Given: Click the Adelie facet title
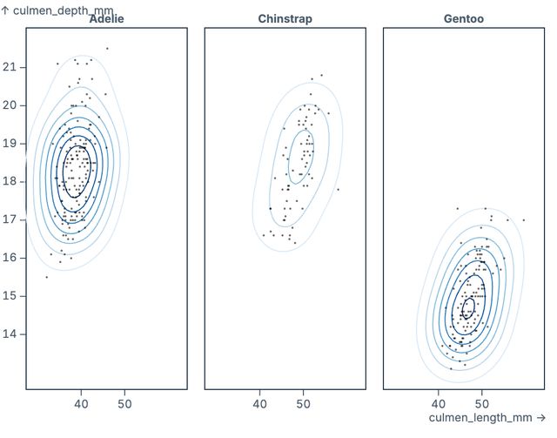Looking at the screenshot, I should point(106,19).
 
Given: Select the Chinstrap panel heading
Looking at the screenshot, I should point(285,19).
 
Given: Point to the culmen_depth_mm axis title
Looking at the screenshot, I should point(57,10).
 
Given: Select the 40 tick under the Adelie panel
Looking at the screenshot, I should point(81,404).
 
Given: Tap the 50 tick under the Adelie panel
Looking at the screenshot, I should point(124,404).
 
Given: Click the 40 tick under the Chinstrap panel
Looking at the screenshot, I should point(259,404).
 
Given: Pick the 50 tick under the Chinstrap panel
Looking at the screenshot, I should point(304,404).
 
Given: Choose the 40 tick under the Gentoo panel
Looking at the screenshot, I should point(438,404).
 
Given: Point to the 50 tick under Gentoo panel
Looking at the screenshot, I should point(482,404).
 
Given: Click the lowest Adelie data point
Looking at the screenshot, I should point(47,277).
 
